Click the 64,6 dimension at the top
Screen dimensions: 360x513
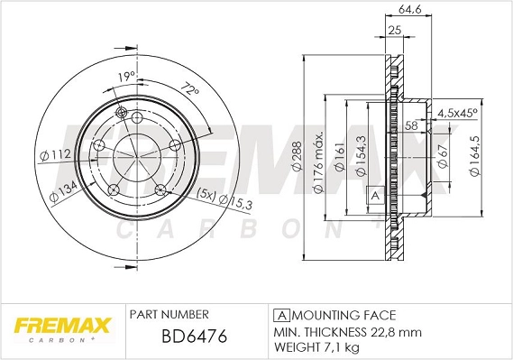(398, 12)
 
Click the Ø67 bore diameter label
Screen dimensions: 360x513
(443, 159)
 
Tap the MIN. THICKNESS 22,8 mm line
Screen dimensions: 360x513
(346, 331)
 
